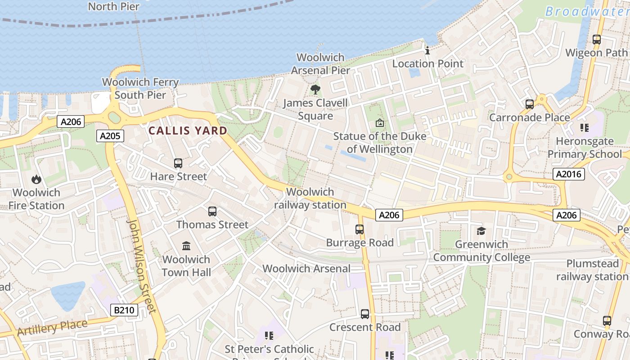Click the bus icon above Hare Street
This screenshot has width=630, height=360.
pos(178,163)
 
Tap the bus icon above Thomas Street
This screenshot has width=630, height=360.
pos(212,211)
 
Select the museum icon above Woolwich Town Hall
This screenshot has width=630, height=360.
pos(186,246)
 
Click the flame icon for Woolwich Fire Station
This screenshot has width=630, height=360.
pos(36,180)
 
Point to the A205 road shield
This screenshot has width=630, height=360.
pos(110,136)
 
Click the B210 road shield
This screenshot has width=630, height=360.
pos(124,310)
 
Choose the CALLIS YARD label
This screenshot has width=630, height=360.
pos(188,131)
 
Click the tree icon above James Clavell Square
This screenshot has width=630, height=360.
pos(315,89)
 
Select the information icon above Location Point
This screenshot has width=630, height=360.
pos(427,50)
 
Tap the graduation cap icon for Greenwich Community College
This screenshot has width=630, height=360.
pos(481,231)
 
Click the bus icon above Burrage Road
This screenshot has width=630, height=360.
pos(360,229)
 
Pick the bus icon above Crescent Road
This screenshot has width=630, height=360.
pos(365,314)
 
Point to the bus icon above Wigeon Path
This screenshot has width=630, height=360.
pos(597,40)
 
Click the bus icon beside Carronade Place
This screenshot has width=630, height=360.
pos(530,104)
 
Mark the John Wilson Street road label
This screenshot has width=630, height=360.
pos(141,265)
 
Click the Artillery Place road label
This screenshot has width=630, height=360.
pos(52,328)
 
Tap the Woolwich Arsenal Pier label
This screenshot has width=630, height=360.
pos(320,64)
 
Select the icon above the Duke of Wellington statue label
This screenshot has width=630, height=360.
pos(380,122)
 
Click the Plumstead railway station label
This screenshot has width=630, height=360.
pos(592,270)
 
